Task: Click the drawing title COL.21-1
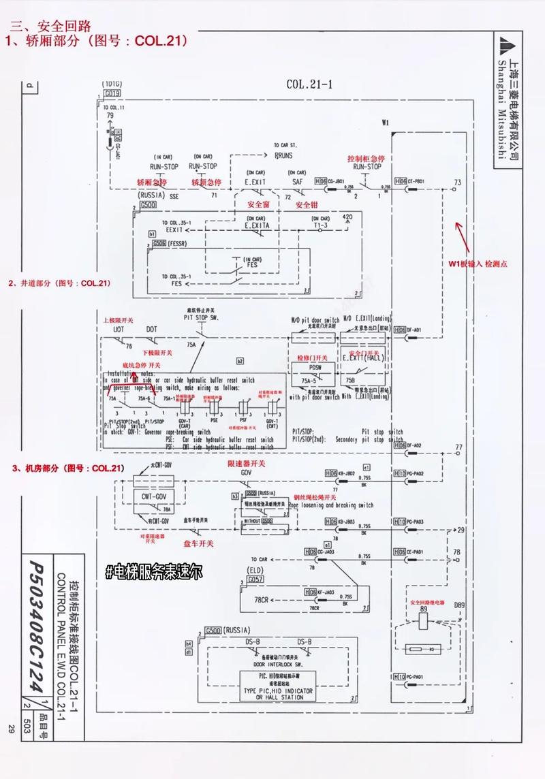pyautogui.click(x=309, y=84)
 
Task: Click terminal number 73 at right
pyautogui.click(x=458, y=182)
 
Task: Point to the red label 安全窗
pyautogui.click(x=257, y=204)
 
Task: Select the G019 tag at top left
pyautogui.click(x=112, y=92)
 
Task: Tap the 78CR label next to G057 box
pyautogui.click(x=262, y=600)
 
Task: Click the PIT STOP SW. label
pyautogui.click(x=200, y=317)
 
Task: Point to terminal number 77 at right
pyautogui.click(x=458, y=447)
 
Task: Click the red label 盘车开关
pyautogui.click(x=198, y=543)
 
